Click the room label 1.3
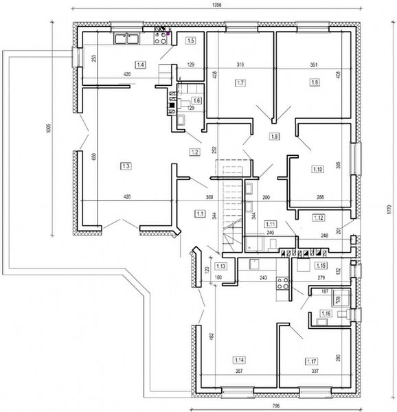(x=126, y=165)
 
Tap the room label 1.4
(x=141, y=65)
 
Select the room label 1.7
(x=240, y=83)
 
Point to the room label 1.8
(x=315, y=83)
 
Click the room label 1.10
(x=317, y=170)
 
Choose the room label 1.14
(x=240, y=359)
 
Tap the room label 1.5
(x=191, y=41)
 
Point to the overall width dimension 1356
(x=218, y=5)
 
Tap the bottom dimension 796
(x=275, y=405)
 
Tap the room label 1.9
(x=275, y=137)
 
